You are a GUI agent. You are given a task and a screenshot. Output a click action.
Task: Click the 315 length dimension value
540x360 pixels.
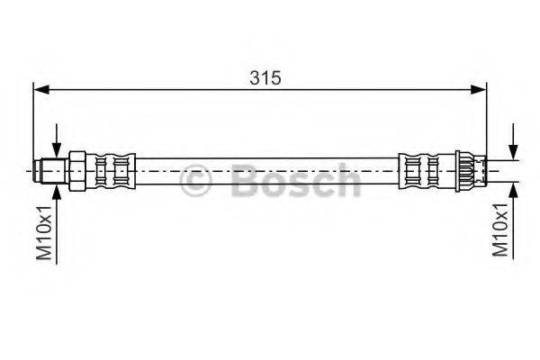[265, 78]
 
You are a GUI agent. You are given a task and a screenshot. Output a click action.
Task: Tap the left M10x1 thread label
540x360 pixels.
[45, 232]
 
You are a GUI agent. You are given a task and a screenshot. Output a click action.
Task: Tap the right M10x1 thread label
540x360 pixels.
[500, 229]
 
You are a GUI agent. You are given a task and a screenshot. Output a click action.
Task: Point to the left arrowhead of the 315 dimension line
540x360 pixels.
[41, 90]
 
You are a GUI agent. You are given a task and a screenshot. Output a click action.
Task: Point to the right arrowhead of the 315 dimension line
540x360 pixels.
[479, 90]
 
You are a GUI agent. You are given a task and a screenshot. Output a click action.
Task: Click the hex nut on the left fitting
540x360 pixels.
[77, 171]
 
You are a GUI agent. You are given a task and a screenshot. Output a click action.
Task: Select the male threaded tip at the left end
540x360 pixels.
[50, 171]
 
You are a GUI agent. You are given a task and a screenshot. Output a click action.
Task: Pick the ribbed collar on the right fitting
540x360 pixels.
[464, 171]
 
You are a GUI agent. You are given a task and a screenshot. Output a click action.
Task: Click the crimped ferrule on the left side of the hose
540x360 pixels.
[111, 171]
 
